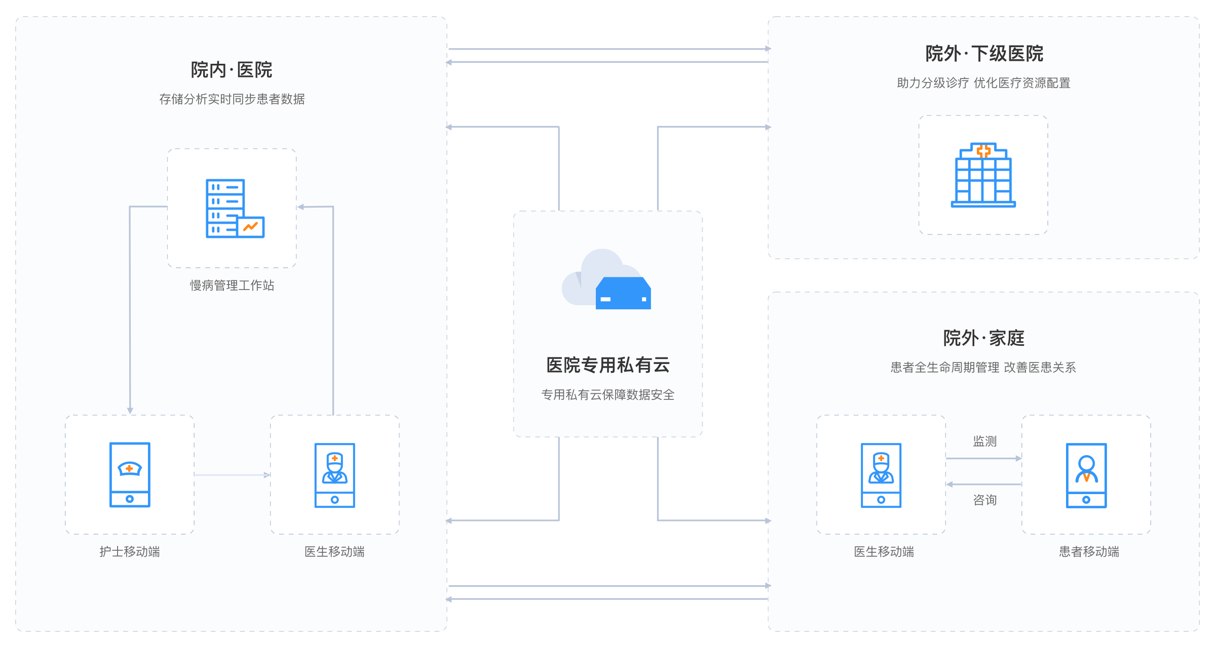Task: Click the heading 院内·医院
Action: click(232, 70)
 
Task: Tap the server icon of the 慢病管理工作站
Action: click(235, 208)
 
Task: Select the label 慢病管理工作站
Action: click(232, 286)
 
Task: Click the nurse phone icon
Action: click(130, 475)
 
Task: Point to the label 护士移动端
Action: click(130, 552)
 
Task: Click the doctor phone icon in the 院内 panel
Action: click(334, 475)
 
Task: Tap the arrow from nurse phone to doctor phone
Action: click(232, 475)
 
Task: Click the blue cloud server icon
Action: click(623, 293)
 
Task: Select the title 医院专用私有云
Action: click(608, 365)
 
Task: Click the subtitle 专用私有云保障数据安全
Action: click(608, 395)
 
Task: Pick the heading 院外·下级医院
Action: click(984, 54)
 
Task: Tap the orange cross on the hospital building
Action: click(983, 151)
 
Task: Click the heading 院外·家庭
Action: click(984, 338)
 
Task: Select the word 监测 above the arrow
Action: click(984, 441)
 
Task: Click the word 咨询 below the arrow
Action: click(984, 500)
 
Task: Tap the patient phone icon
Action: click(1086, 475)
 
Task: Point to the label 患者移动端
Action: click(1089, 552)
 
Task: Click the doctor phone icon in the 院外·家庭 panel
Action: click(881, 475)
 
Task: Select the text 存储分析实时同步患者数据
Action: click(232, 99)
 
